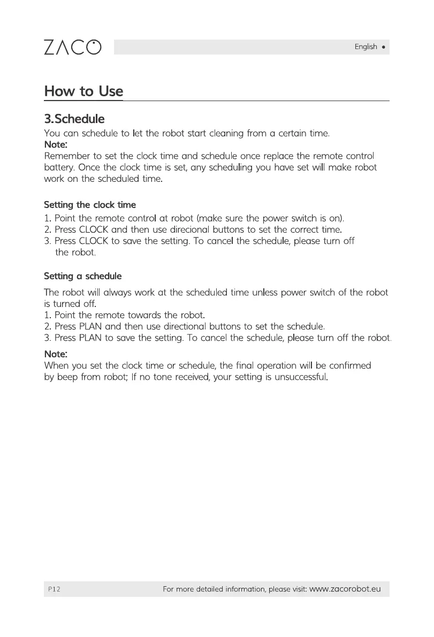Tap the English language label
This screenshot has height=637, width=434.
[366, 47]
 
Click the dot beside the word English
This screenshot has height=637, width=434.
[384, 47]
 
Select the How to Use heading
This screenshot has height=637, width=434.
[83, 91]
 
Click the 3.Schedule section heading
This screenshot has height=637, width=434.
[74, 118]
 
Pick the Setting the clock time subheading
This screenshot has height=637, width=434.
[89, 205]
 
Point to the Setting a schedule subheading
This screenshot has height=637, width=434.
[82, 276]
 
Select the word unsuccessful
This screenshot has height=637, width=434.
[299, 377]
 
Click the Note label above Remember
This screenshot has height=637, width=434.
[55, 144]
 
